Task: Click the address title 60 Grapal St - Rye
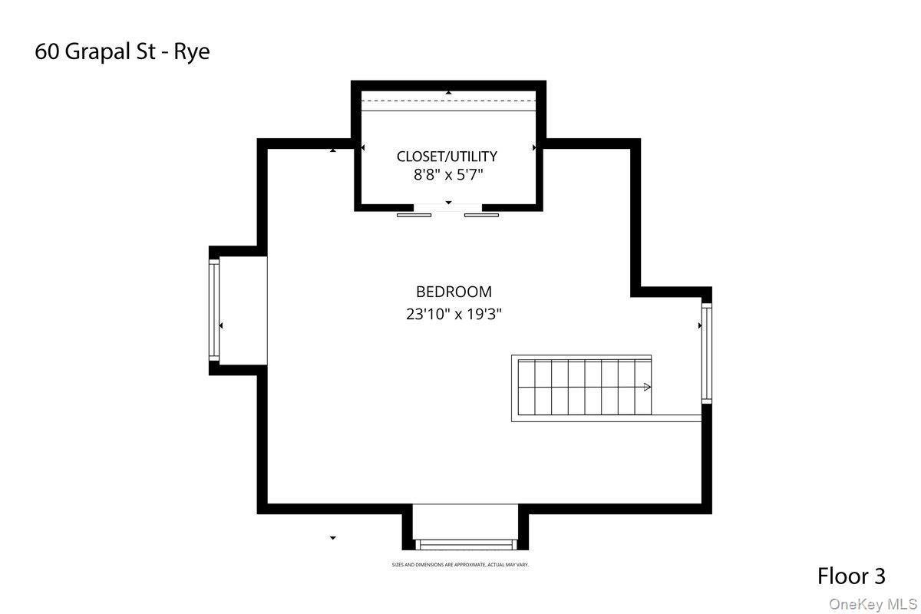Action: [122, 52]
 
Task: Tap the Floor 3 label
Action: [851, 576]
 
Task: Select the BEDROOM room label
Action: [454, 292]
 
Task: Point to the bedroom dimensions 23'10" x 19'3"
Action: [459, 313]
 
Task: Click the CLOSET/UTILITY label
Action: [447, 157]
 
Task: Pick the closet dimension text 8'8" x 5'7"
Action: [448, 175]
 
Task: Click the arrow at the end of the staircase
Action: [648, 388]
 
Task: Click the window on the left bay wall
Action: [215, 309]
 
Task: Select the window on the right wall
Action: [706, 353]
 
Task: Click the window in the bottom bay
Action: [465, 544]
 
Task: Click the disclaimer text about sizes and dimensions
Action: [460, 565]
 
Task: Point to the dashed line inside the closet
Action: [448, 101]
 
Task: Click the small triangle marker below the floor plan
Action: [333, 538]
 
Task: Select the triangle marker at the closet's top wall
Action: [449, 93]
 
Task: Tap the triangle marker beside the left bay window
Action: [221, 326]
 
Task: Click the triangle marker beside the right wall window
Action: [699, 326]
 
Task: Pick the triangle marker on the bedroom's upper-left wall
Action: [333, 150]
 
